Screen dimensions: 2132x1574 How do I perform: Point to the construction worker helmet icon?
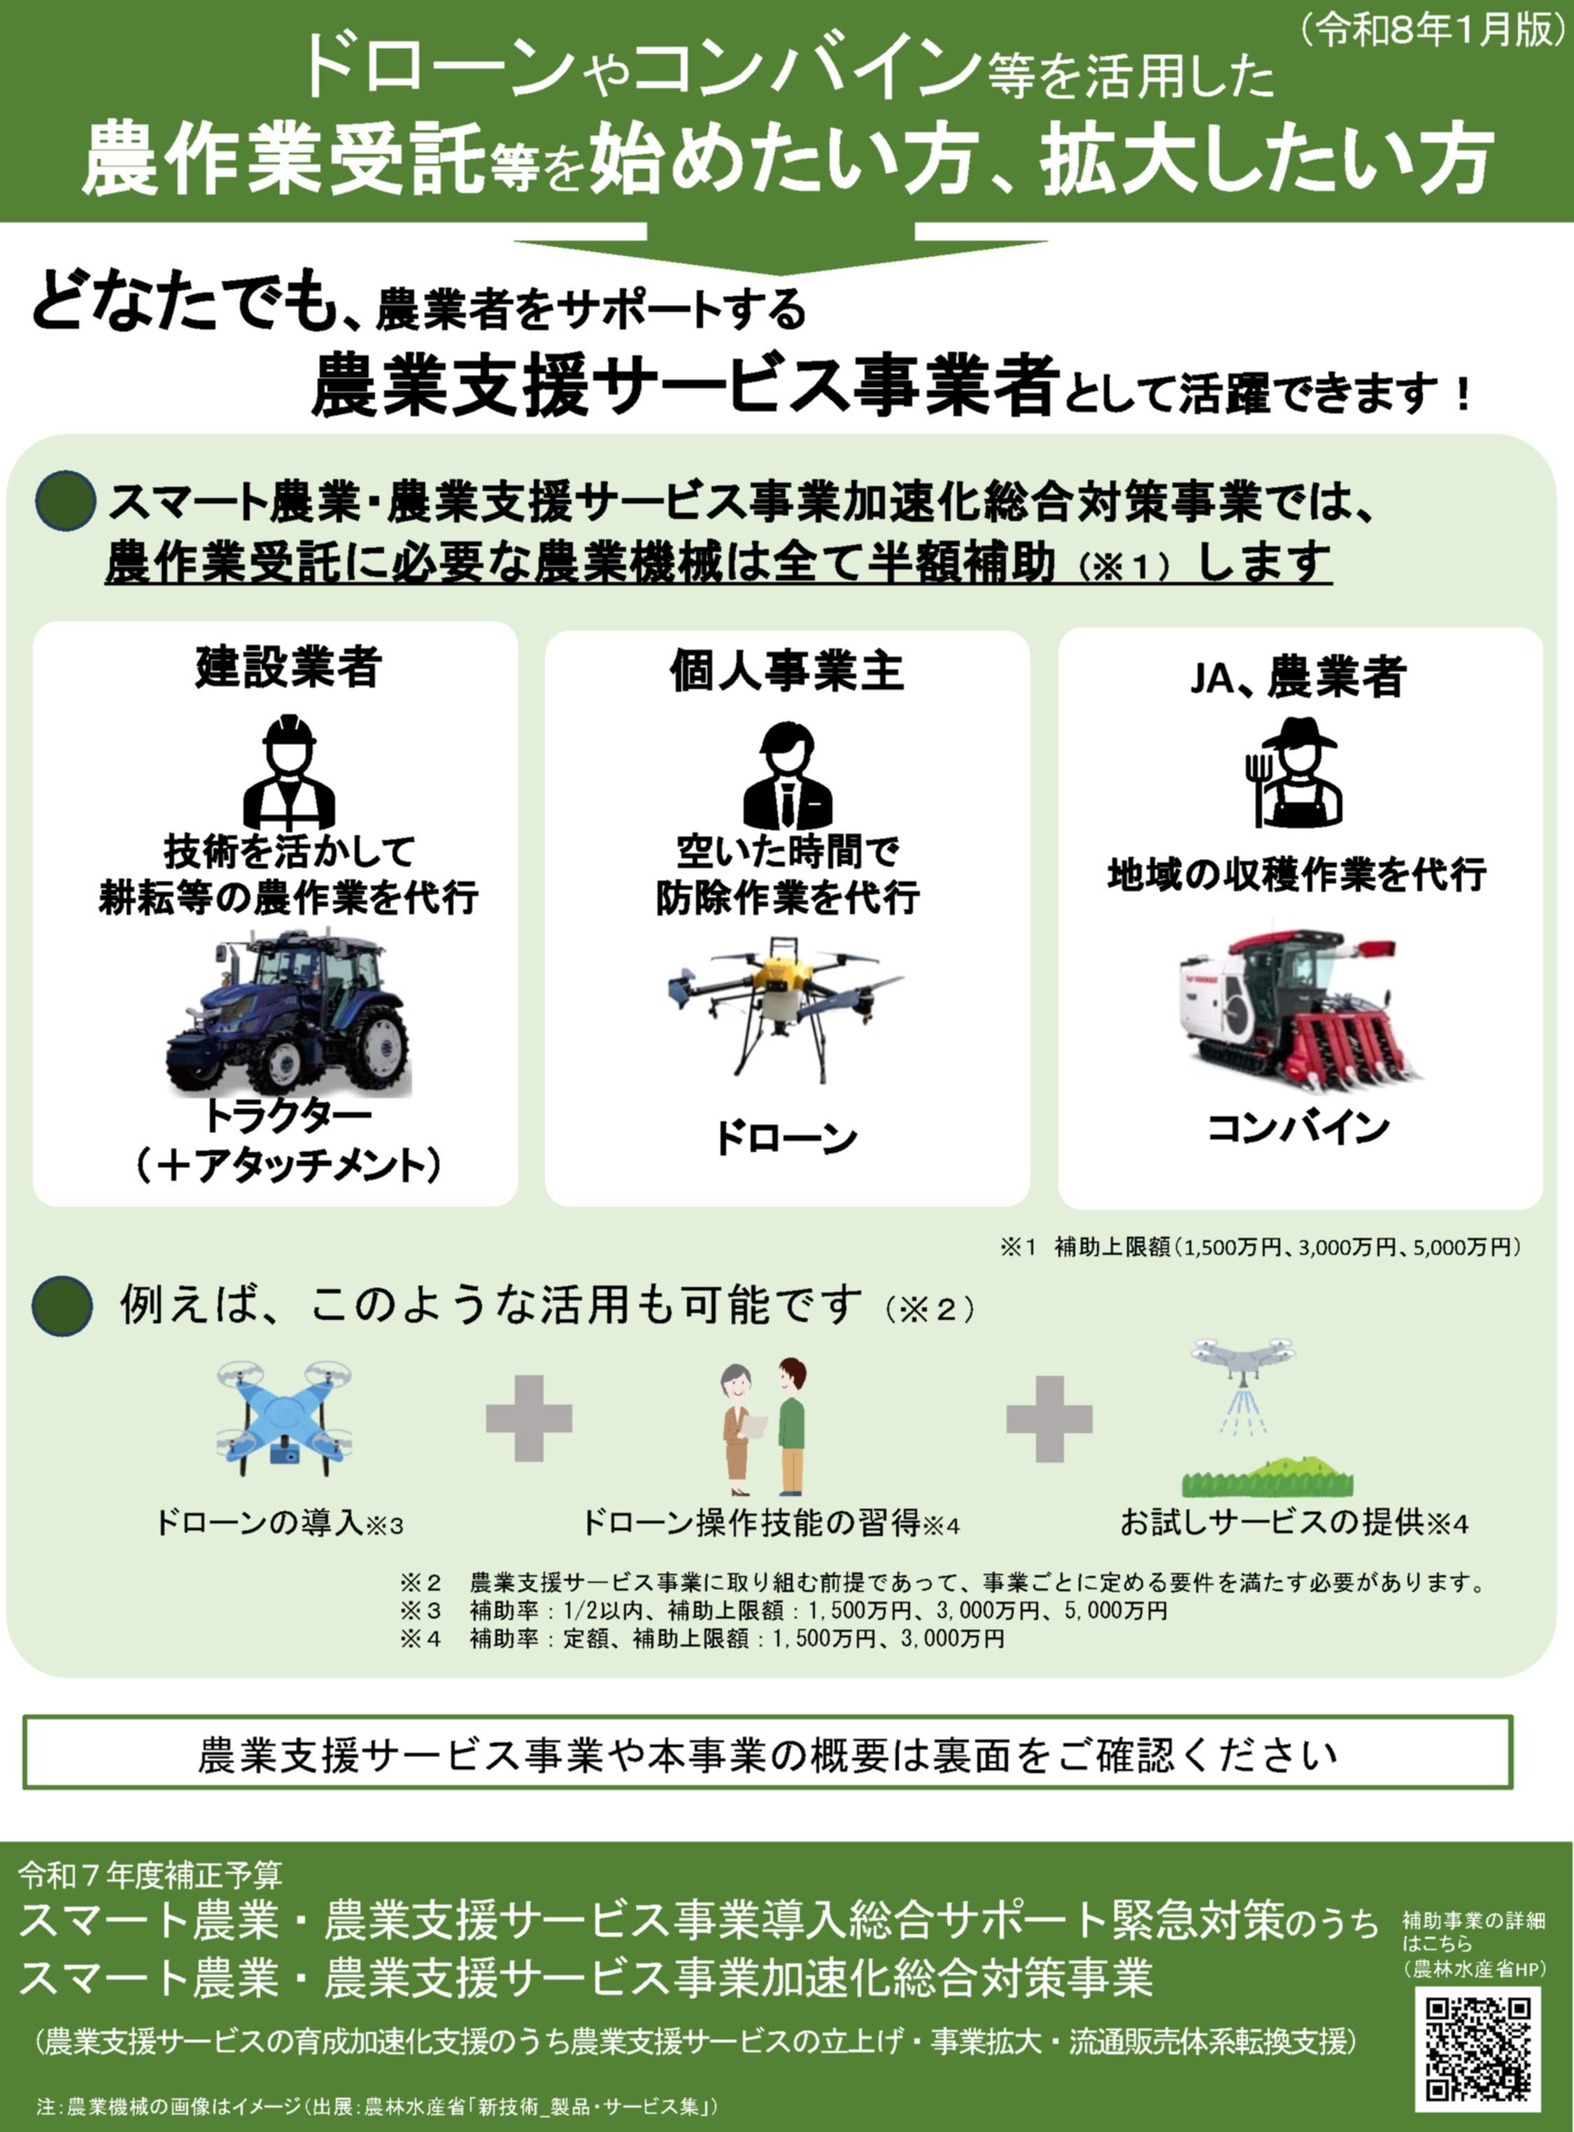pos(289,771)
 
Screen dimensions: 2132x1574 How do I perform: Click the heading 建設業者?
pos(289,666)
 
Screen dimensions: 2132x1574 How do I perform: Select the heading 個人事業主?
pos(786,671)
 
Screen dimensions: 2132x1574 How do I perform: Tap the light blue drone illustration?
pos(283,1419)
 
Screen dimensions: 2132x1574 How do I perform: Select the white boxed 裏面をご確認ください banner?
pos(767,1753)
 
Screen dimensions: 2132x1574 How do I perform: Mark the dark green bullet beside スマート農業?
pos(65,501)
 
